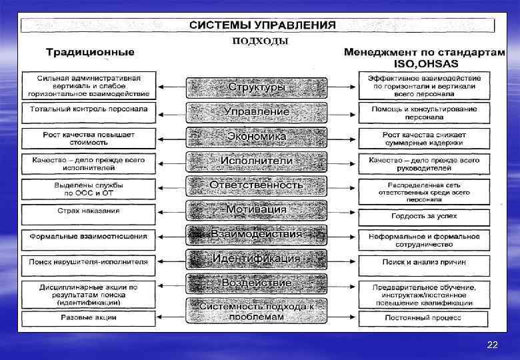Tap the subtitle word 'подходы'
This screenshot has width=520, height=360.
[260, 40]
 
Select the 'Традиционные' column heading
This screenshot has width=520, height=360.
[90, 52]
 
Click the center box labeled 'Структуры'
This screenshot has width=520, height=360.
[257, 87]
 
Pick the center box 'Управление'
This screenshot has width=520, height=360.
[257, 112]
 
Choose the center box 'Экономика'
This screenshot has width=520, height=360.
[257, 137]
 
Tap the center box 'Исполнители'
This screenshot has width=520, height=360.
[257, 161]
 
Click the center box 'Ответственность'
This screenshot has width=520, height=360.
[257, 185]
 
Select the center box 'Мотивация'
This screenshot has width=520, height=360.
[257, 209]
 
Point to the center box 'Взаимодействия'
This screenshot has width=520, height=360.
[257, 234]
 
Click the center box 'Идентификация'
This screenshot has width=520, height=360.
[257, 258]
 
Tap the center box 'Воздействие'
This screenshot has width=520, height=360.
[257, 283]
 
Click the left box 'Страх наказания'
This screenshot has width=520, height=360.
[89, 211]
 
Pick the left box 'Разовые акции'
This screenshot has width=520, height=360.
[89, 317]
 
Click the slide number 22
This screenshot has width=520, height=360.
[492, 345]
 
